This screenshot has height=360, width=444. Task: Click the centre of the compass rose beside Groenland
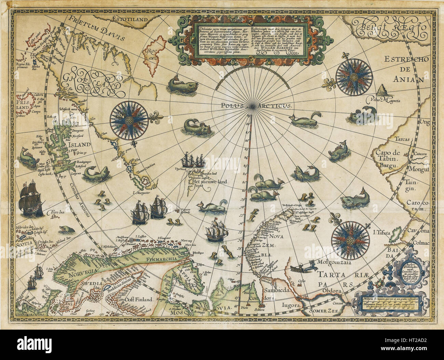pyautogui.click(x=129, y=120)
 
